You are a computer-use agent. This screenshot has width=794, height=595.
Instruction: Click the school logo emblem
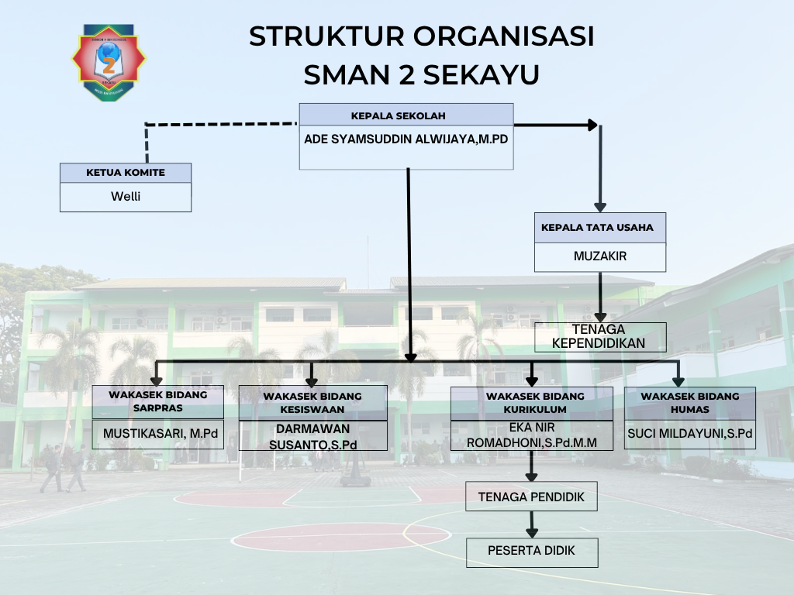[109, 62]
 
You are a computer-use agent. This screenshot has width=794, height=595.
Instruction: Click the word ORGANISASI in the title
[503, 36]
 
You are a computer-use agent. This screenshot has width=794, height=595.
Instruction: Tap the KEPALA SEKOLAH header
[398, 116]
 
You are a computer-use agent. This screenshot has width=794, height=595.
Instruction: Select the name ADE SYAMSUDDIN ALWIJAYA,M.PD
[406, 139]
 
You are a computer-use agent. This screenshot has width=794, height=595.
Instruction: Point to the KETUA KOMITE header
[126, 173]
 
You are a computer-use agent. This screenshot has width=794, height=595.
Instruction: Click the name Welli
[126, 196]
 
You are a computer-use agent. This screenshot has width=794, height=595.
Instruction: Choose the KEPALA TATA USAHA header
[598, 228]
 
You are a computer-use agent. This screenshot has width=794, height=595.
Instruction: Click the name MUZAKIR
[600, 256]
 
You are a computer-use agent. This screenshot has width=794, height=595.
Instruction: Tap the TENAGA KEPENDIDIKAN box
[601, 337]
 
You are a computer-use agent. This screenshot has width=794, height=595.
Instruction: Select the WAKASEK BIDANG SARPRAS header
[158, 401]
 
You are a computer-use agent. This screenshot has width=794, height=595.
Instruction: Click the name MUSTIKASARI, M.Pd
[161, 434]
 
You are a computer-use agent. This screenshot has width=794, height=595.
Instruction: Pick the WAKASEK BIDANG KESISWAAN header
[312, 403]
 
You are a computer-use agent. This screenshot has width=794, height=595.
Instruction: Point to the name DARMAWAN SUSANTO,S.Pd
[313, 437]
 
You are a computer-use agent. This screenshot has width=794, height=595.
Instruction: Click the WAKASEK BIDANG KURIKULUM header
[535, 403]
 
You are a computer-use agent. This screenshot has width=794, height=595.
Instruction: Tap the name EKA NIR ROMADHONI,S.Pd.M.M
[532, 435]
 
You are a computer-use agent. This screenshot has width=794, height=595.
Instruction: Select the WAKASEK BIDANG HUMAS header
[689, 403]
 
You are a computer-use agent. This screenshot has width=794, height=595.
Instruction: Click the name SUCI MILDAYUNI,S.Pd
[689, 434]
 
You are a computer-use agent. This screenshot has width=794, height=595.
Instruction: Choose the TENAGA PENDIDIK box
[531, 497]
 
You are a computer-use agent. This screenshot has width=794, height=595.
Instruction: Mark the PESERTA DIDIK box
[532, 552]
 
